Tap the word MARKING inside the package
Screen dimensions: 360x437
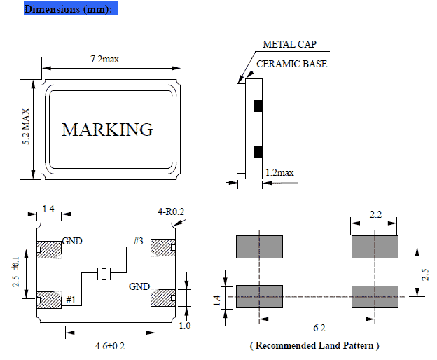107,130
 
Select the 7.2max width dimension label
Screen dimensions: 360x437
104,60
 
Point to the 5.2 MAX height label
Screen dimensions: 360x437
27,127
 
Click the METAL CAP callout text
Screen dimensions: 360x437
289,44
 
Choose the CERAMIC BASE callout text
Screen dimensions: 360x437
291,64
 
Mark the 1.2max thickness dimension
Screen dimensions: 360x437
279,172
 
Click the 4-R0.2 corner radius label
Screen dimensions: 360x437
170,212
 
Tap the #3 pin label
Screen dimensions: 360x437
139,242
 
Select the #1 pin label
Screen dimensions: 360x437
70,299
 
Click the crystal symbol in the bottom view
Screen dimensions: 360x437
104,274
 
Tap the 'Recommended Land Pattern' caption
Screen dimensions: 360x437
314,345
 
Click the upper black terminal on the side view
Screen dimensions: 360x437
257,106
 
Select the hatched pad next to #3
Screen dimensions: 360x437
162,248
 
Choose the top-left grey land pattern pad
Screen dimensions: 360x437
259,247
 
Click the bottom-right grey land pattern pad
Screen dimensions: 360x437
375,296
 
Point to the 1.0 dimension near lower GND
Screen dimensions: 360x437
186,326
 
